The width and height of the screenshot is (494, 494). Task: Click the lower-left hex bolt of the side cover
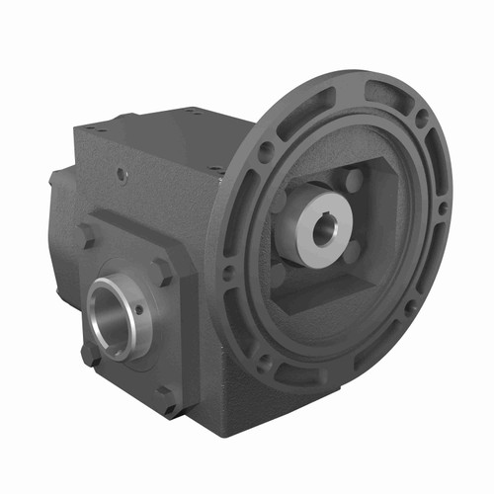(x=90, y=352)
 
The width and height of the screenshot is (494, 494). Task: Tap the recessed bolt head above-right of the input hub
(x=354, y=181)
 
